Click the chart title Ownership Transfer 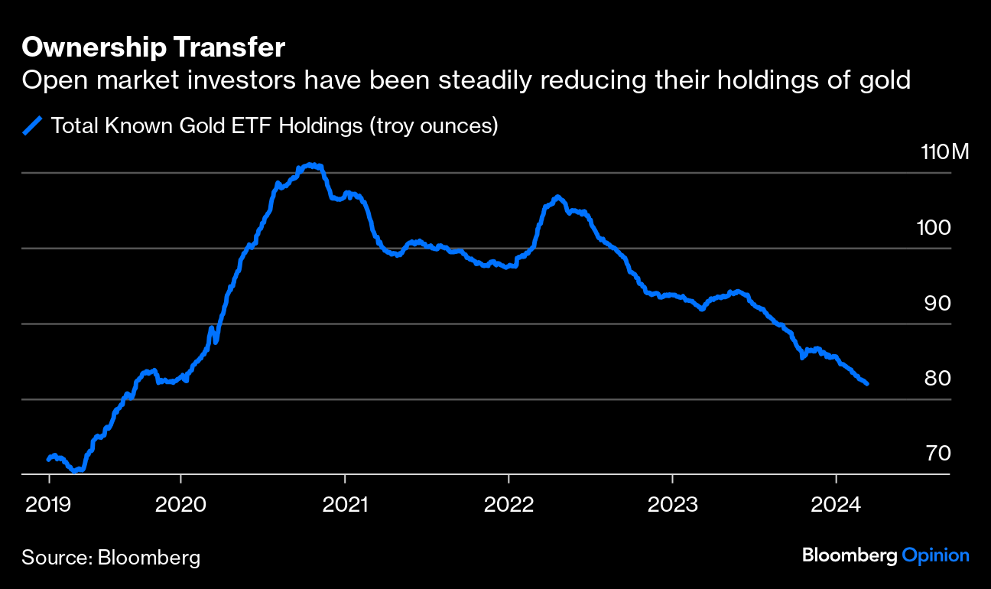[x=154, y=47]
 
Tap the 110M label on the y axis [x=945, y=151]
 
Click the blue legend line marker [x=33, y=125]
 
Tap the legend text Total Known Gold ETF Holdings [x=206, y=125]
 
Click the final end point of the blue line [x=866, y=383]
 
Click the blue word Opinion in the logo [x=936, y=555]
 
